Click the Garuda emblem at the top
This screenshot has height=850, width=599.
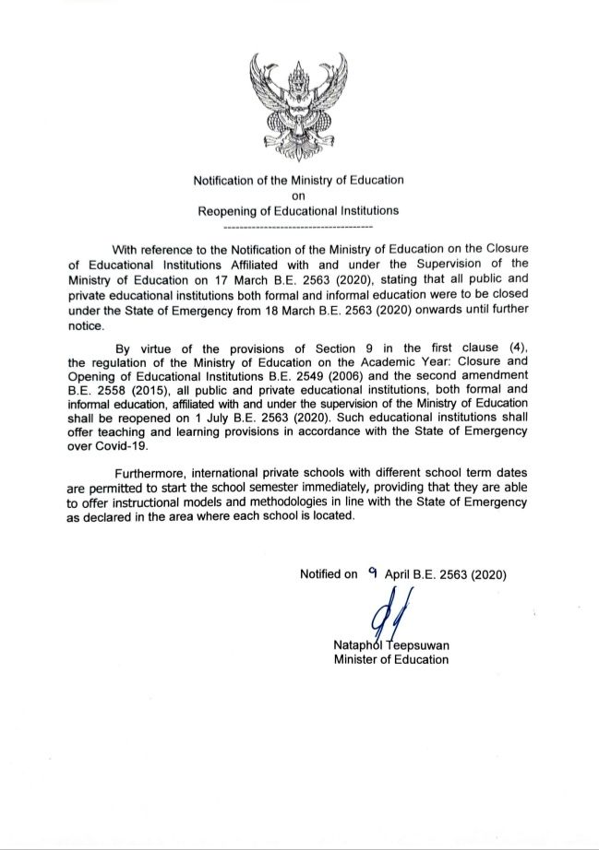click(x=298, y=103)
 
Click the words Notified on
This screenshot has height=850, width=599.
click(x=329, y=574)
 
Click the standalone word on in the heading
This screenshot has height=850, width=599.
click(x=298, y=195)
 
